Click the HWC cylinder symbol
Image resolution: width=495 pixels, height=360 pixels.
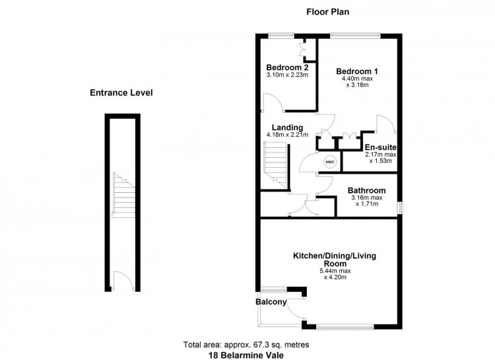(330, 162)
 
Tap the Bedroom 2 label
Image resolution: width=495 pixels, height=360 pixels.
(287, 67)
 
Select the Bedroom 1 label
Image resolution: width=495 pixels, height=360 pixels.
(357, 71)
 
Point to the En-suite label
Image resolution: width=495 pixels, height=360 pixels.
(381, 147)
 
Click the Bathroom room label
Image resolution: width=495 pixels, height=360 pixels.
(366, 191)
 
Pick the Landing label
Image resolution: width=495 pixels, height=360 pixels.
(287, 127)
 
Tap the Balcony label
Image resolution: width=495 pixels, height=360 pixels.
(271, 302)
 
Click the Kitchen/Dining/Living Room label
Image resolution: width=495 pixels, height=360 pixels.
(335, 260)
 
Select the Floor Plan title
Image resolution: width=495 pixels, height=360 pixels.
(327, 12)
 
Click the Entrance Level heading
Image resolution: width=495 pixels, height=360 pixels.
(121, 92)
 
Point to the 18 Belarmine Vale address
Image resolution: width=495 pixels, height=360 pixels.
(246, 355)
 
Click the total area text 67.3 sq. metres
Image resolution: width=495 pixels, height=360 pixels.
(246, 345)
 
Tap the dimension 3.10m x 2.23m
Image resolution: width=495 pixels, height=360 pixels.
(287, 75)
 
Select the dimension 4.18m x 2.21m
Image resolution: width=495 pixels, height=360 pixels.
(287, 135)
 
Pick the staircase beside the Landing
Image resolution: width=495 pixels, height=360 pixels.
(275, 164)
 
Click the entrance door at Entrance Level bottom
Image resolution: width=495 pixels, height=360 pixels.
(123, 281)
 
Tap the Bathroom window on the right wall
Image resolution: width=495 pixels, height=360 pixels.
(400, 208)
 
